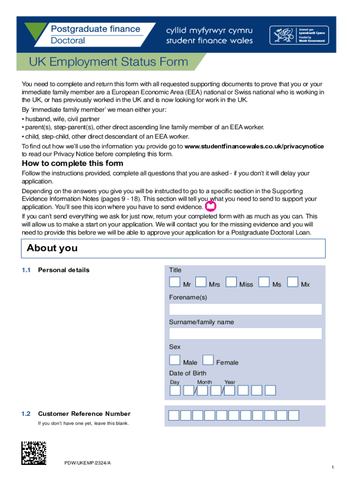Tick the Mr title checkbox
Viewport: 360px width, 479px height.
pos(174,282)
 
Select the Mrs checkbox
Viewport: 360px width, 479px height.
pos(201,282)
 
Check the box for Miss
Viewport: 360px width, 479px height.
pos(231,282)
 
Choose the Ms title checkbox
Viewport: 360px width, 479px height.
pos(264,282)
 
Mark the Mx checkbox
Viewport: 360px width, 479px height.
pos(293,282)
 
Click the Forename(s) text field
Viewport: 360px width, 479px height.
pos(245,309)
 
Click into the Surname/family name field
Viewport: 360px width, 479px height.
pos(245,334)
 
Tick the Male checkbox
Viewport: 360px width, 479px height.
pos(174,360)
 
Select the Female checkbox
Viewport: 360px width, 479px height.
pos(208,360)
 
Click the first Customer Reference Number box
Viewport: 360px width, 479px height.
pos(174,415)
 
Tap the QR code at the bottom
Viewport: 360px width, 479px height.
pos(34,453)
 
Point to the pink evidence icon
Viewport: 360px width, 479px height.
pos(211,206)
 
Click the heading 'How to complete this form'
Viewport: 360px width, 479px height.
pos(72,163)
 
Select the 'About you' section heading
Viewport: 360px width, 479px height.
pos(52,248)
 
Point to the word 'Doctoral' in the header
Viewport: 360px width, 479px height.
pos(68,40)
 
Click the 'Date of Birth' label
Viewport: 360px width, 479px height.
pos(187,373)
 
